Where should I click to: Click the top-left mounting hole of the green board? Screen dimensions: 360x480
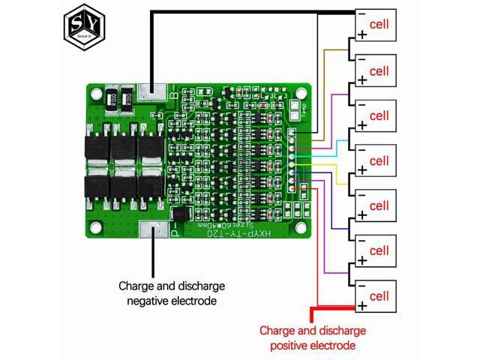96,94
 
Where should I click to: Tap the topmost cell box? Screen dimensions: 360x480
374,26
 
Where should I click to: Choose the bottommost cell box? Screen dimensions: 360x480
374,295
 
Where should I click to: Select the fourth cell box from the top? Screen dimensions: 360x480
374,161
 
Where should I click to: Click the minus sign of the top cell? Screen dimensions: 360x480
361,14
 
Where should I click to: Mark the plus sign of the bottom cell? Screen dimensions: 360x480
362,306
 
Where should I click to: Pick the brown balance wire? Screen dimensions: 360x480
330,50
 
